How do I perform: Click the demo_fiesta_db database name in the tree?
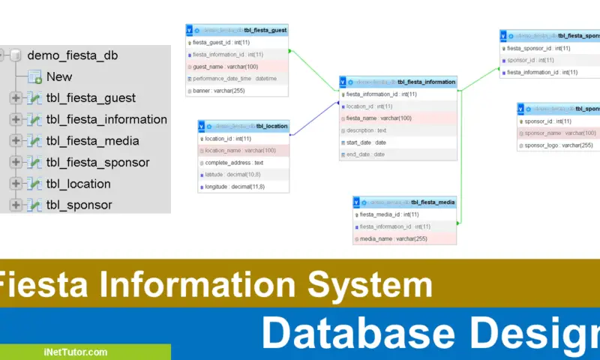[x=72, y=55]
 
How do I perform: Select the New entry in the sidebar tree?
[x=59, y=76]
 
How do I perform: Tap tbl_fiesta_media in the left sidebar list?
[x=92, y=141]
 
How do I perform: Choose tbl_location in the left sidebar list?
[x=78, y=184]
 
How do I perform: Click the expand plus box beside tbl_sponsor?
[x=16, y=205]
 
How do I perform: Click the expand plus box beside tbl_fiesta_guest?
[x=16, y=98]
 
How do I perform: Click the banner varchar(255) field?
[x=218, y=91]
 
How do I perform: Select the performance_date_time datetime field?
[x=235, y=79]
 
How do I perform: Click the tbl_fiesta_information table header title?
[x=425, y=82]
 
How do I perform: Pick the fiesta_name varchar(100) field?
[x=378, y=118]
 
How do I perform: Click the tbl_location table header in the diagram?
[x=271, y=126]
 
